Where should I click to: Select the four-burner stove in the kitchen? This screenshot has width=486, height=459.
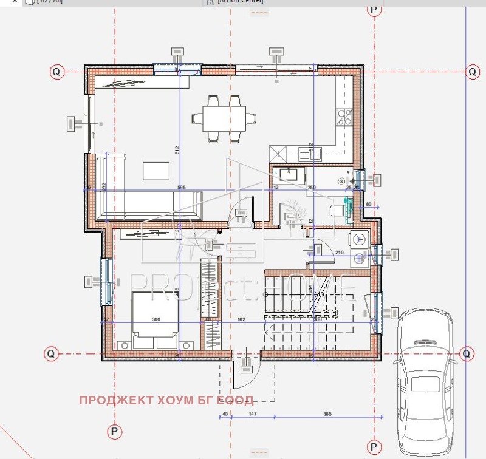click(344, 116)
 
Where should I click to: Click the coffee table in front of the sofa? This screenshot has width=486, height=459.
click(157, 171)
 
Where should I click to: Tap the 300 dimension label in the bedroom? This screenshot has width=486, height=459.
click(156, 319)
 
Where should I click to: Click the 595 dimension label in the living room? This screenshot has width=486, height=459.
click(181, 187)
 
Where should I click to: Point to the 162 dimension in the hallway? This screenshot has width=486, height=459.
click(241, 319)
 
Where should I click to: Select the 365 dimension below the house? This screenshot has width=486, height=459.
click(327, 413)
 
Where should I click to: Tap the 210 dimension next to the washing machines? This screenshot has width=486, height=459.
click(339, 252)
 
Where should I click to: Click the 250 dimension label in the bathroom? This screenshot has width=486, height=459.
click(312, 187)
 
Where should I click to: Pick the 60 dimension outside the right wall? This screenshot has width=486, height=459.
click(368, 205)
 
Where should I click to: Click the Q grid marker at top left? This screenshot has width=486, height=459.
click(56, 72)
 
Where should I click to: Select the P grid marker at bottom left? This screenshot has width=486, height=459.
click(114, 432)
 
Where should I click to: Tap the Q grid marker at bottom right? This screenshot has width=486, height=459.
click(467, 353)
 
